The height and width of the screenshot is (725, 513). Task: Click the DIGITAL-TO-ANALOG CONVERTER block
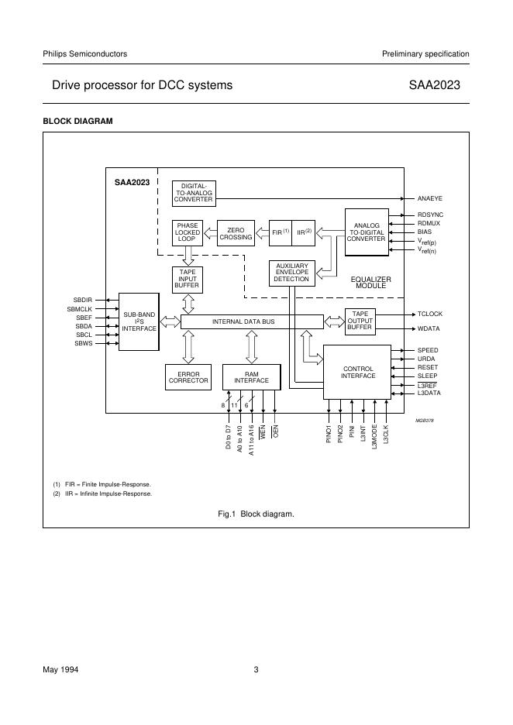pyautogui.click(x=193, y=193)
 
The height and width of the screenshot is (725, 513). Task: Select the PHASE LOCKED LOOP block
pyautogui.click(x=188, y=232)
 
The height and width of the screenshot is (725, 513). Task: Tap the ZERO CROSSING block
pyautogui.click(x=236, y=233)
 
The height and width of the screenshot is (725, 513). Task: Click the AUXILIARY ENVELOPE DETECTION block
pyautogui.click(x=291, y=273)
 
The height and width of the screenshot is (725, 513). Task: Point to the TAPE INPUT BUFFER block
pyautogui.click(x=187, y=279)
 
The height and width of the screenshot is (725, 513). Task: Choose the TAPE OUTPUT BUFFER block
pyautogui.click(x=360, y=321)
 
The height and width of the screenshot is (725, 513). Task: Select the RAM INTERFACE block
pyautogui.click(x=251, y=376)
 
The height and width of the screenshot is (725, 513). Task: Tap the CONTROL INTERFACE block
pyautogui.click(x=358, y=373)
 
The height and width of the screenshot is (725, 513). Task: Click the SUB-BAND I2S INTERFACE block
pyautogui.click(x=139, y=321)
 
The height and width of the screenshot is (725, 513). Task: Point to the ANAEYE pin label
pyautogui.click(x=430, y=199)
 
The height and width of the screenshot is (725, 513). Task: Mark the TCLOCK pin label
pyautogui.click(x=429, y=314)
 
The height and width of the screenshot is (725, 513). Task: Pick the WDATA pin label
pyautogui.click(x=429, y=328)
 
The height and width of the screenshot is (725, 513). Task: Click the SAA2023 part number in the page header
pyautogui.click(x=439, y=85)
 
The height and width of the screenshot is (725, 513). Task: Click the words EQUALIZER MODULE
pyautogui.click(x=371, y=283)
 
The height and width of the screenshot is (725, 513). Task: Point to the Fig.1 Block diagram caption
pyautogui.click(x=256, y=514)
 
